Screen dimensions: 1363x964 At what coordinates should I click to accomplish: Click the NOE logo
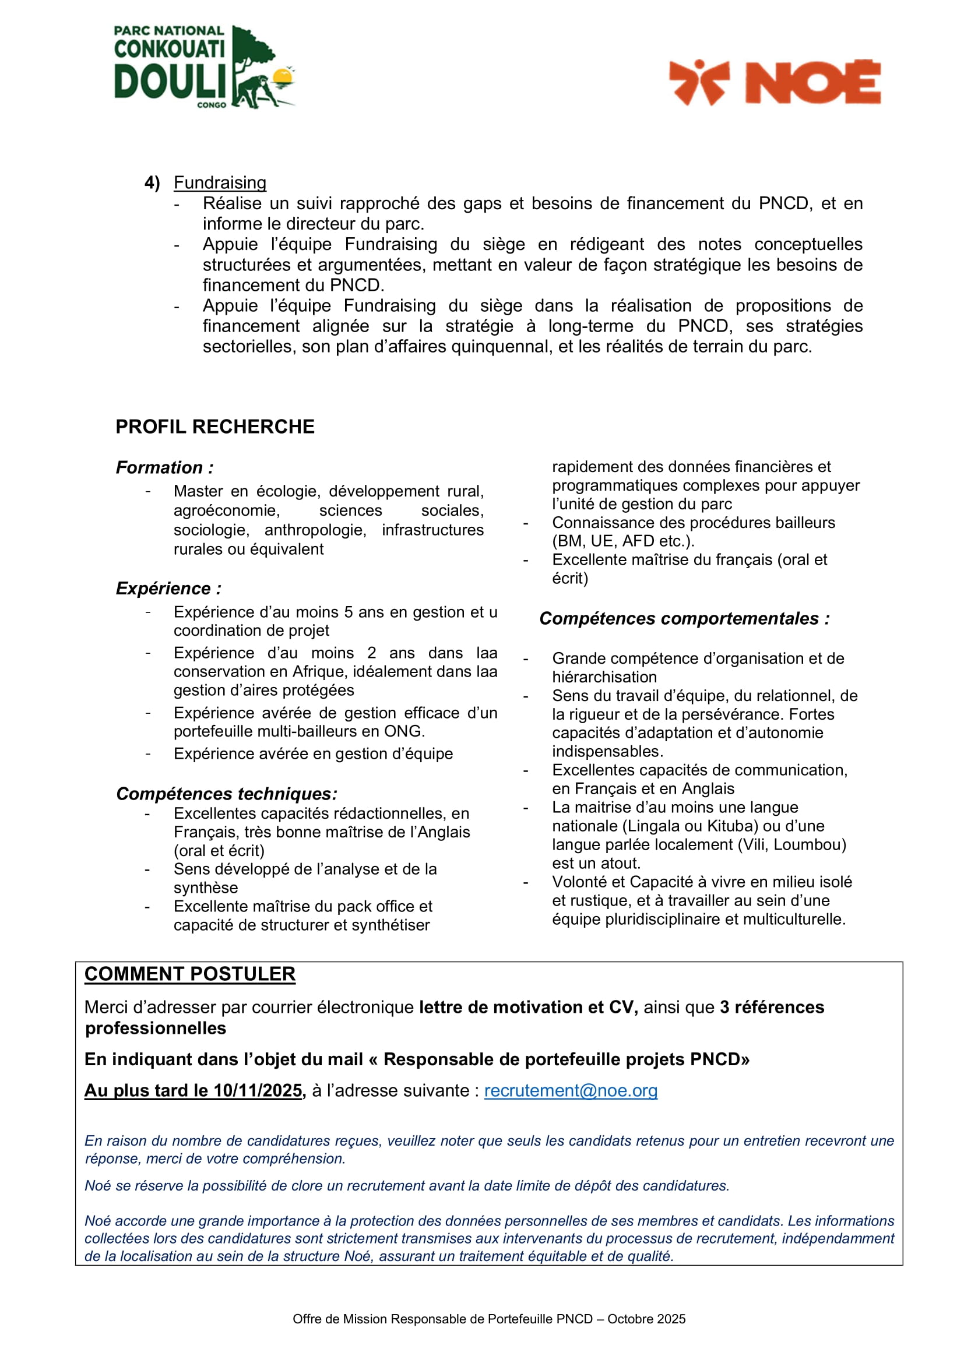coord(774,82)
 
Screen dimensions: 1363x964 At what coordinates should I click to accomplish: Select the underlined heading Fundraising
coord(220,182)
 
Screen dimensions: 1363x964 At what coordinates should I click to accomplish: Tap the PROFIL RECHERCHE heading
coord(215,426)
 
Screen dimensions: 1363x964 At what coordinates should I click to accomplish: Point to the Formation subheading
coord(164,467)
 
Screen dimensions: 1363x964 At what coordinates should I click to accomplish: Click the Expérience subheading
coord(168,589)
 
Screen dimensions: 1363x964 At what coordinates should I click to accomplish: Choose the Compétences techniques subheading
coord(227,794)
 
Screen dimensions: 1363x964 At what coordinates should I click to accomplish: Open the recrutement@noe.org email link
coord(571,1090)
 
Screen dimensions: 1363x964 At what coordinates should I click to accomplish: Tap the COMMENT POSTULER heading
coord(190,974)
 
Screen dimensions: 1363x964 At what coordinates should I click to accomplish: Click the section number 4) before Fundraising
coord(152,182)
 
